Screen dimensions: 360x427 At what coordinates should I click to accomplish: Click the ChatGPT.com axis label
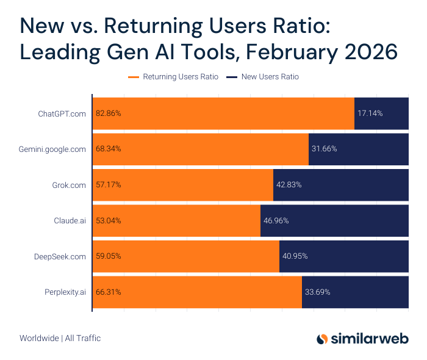62,113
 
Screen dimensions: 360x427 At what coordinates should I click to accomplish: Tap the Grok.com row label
69,184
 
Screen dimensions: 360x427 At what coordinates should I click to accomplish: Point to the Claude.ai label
70,220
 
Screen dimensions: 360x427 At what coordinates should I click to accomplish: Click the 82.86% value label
108,113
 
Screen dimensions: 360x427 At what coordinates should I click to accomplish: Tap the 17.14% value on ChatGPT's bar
370,113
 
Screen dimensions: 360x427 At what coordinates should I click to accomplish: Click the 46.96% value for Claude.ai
276,220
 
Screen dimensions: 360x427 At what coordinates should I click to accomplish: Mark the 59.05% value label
108,256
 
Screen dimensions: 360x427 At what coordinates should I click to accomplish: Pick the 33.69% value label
317,292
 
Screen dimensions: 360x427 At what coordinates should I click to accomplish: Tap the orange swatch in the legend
134,77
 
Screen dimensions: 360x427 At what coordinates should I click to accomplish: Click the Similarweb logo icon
323,339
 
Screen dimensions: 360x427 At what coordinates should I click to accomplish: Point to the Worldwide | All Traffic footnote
60,338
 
